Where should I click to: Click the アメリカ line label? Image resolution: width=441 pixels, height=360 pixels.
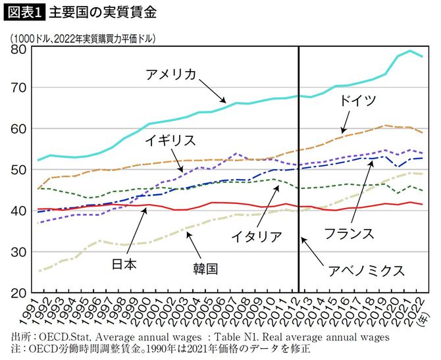pyautogui.click(x=170, y=74)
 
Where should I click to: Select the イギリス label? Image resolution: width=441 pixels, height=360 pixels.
pyautogui.click(x=169, y=140)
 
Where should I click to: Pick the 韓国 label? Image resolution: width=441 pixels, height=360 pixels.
pyautogui.click(x=205, y=269)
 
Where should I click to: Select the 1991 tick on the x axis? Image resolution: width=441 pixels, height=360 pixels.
pyautogui.click(x=34, y=311)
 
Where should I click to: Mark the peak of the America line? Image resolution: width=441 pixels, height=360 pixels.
pyautogui.click(x=411, y=51)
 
